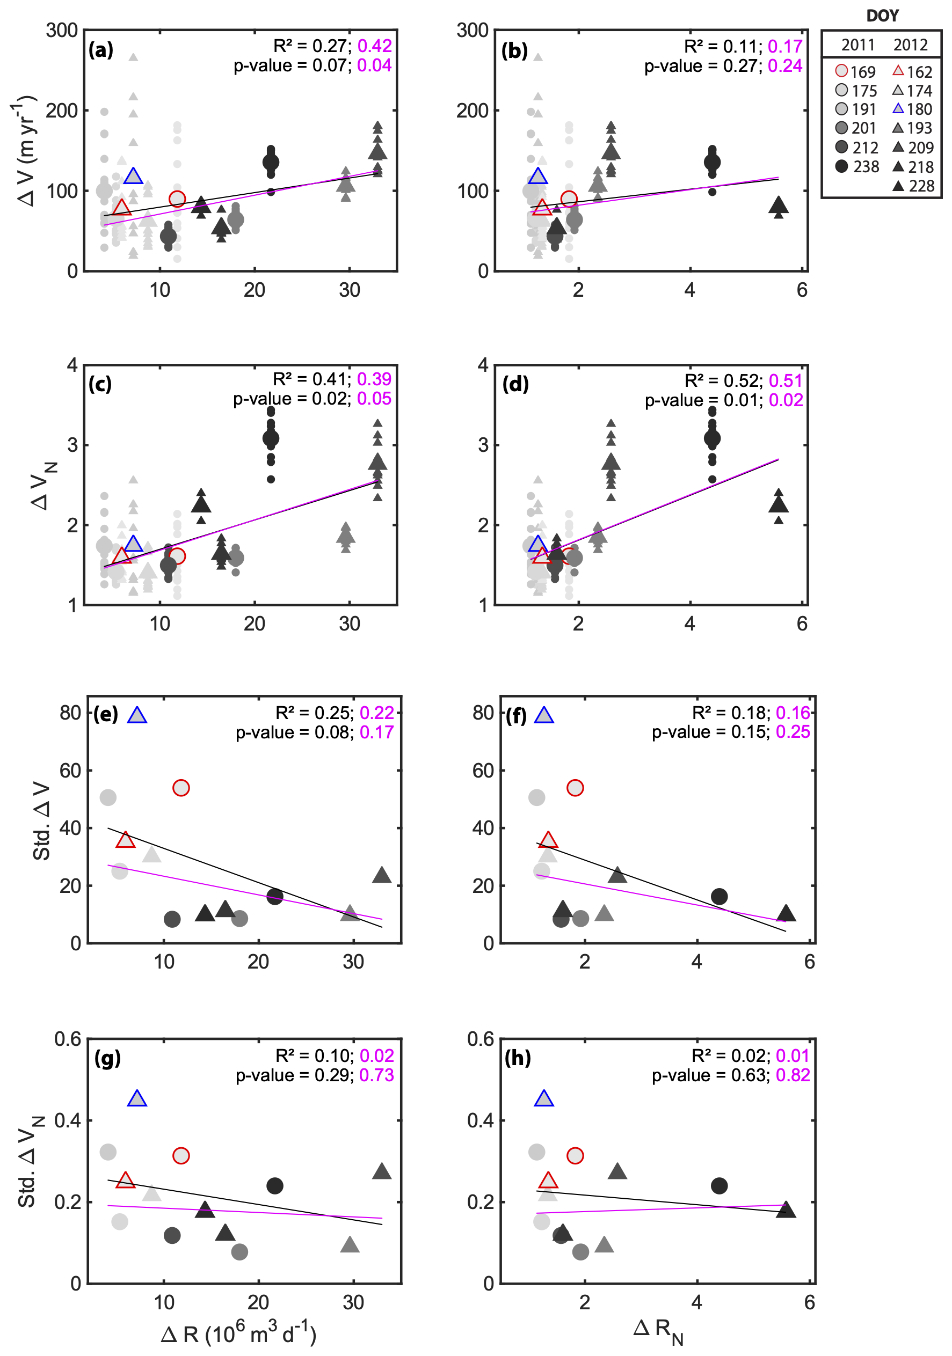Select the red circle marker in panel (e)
(x=181, y=788)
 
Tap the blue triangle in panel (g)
(x=137, y=1099)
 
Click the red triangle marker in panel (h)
(x=548, y=1181)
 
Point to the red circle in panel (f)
(x=575, y=788)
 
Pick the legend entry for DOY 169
(x=855, y=71)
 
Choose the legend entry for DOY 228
(x=913, y=186)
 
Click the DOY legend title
(x=882, y=16)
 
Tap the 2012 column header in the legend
(x=910, y=45)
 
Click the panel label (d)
(x=515, y=384)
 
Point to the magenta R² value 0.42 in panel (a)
(x=375, y=46)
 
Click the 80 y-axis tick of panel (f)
(x=483, y=713)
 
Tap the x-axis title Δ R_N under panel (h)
(x=658, y=1329)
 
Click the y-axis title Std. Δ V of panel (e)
(x=41, y=821)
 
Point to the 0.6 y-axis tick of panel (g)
(x=67, y=1039)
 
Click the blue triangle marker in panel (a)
(x=134, y=176)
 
